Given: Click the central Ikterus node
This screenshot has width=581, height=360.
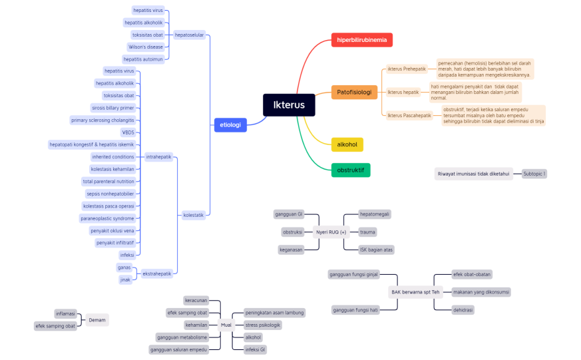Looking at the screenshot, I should coord(289,104).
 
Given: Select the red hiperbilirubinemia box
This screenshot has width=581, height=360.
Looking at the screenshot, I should coord(361,40).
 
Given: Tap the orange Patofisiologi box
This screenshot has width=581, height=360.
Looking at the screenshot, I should coord(354,92).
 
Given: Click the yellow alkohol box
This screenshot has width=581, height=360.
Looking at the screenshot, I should coord(347,144).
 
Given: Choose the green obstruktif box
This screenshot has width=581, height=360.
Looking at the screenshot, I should coord(350,170).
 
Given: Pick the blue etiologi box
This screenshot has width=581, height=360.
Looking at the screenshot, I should coord(230,124).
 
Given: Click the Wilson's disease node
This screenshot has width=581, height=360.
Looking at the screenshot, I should coord(146,47).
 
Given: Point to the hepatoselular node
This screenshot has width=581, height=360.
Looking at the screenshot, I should coord(189,35).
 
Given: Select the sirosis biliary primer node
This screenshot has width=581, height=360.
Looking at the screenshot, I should coord(112,108).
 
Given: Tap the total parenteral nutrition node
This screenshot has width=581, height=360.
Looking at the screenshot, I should coord(108,181).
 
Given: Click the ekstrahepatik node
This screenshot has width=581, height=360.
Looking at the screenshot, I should coord(157,273).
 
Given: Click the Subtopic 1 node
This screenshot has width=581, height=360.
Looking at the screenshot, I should coord(534,174).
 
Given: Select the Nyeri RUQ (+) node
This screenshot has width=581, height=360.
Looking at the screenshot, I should coord(331,232).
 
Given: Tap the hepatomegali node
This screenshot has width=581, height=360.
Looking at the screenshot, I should coord(375,214).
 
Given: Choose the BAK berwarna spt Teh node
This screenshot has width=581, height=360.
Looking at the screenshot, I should coord(416,292).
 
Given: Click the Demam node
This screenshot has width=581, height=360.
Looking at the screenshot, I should coord(97,320).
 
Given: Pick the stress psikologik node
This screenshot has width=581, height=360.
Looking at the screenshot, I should coord(263,325).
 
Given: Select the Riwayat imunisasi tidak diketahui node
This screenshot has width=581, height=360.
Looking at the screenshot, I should coord(473,174).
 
